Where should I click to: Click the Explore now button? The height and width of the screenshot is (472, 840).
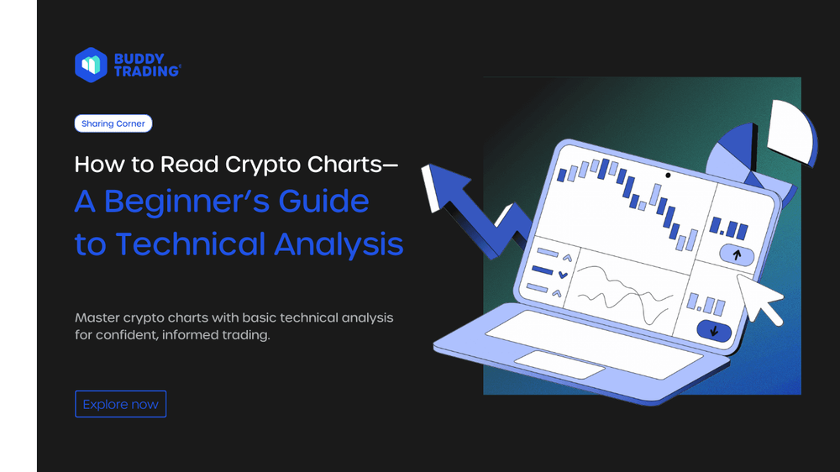point(121,404)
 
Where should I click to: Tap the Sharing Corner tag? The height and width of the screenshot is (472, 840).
point(113,123)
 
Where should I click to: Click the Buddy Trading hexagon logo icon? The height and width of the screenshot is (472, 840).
point(91,64)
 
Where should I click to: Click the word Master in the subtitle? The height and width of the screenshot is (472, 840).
point(98,318)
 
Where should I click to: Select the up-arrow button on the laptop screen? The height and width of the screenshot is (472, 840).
point(736,254)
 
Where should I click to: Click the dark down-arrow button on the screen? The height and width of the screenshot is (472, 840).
point(713,330)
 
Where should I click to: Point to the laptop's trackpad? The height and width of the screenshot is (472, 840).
point(559,364)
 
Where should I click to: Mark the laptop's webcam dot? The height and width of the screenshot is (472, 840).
point(668,176)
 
